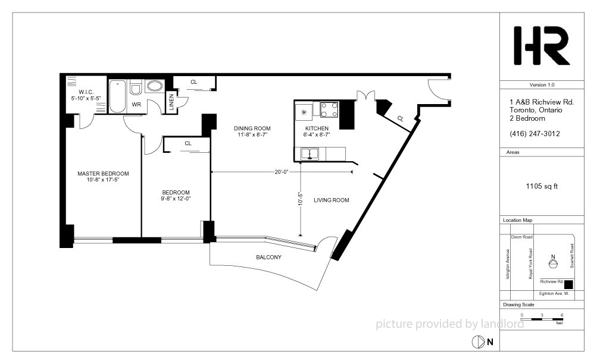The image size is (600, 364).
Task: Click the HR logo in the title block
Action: click(x=542, y=45)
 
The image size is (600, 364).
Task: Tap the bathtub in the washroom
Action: click(x=117, y=96)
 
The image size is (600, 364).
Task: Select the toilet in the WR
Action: click(x=136, y=87)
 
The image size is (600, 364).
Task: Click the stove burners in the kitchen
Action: click(x=329, y=109)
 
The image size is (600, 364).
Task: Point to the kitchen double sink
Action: click(x=310, y=153)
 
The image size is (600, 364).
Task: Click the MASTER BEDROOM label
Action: click(x=104, y=176)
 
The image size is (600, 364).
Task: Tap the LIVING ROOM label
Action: click(x=332, y=200)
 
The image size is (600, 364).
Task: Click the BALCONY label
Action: click(x=268, y=258)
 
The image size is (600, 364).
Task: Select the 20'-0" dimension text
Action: click(x=281, y=172)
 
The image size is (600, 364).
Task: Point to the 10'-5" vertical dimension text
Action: click(x=301, y=199)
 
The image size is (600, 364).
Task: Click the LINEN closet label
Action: click(x=171, y=102)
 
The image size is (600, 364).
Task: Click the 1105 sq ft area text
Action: click(x=542, y=186)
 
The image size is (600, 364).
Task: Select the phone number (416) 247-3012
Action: click(x=535, y=134)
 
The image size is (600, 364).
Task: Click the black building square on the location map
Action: click(x=568, y=284)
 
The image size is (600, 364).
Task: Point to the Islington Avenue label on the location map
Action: click(x=508, y=264)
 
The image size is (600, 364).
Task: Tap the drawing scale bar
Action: click(x=542, y=319)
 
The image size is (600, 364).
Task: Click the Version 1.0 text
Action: click(x=542, y=85)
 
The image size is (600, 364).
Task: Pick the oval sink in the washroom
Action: click(x=155, y=86)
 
